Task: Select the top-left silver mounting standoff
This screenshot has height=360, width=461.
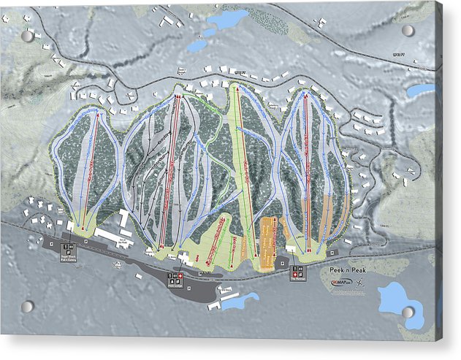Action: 28,36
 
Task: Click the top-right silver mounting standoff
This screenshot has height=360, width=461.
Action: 408,31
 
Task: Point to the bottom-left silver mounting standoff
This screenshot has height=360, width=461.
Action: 27,306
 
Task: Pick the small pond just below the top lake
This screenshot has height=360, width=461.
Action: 197,45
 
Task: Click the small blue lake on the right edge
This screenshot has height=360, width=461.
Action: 420,91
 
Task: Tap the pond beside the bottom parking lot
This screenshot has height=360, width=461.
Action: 240,299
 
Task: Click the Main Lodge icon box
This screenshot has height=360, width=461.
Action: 175,277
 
